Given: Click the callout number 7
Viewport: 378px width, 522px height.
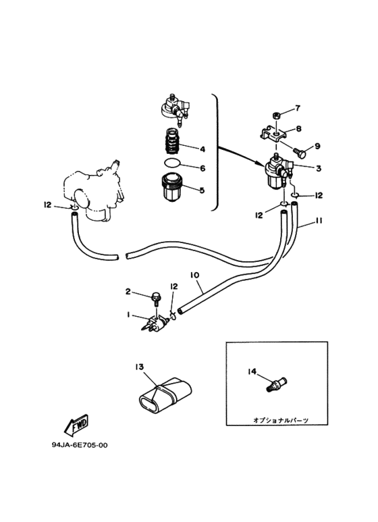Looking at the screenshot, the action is coord(298,108).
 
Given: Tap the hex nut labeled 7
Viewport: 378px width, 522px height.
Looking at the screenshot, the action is coord(276,116).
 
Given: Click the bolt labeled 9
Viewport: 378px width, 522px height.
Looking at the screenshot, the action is coord(300,153).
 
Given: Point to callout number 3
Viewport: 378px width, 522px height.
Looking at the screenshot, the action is coord(319,168).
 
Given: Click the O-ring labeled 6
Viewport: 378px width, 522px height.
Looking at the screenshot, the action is coord(172,163).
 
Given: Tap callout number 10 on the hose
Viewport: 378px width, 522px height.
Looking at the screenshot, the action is coord(194,275).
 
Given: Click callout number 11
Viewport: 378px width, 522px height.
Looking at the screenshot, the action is coord(319,220).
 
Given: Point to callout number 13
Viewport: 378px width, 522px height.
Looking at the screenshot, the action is coord(140,367).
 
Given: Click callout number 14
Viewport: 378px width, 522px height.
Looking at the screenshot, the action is coord(252,371).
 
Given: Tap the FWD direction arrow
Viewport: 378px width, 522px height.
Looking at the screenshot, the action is coord(76,425).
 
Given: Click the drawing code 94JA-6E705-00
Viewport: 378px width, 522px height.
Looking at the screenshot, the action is coord(80,445).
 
